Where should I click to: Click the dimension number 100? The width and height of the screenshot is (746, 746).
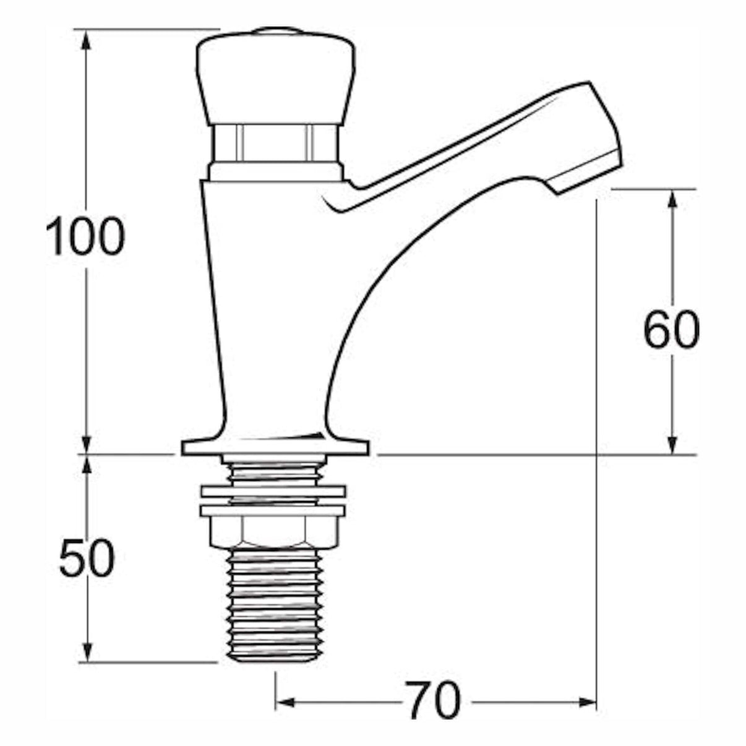pos(85,238)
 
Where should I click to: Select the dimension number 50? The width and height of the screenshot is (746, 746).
pos(87,558)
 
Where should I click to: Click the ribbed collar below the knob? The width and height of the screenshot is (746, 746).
pos(275,142)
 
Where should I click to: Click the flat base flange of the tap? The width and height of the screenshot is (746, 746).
pos(275,447)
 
